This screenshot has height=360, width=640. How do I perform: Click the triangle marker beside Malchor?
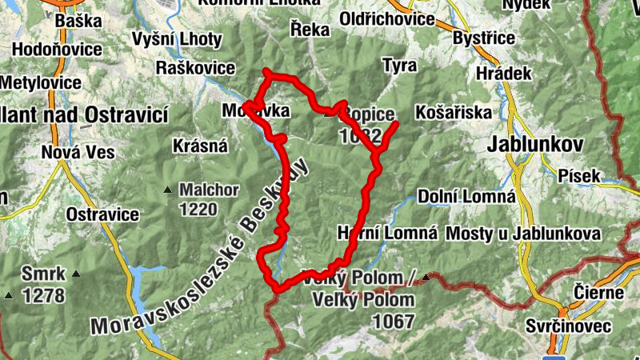point(167,190)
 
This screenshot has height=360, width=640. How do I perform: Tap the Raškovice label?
point(196,67)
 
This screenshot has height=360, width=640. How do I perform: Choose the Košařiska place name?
point(454,112)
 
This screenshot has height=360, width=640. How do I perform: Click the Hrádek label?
point(505,73)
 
